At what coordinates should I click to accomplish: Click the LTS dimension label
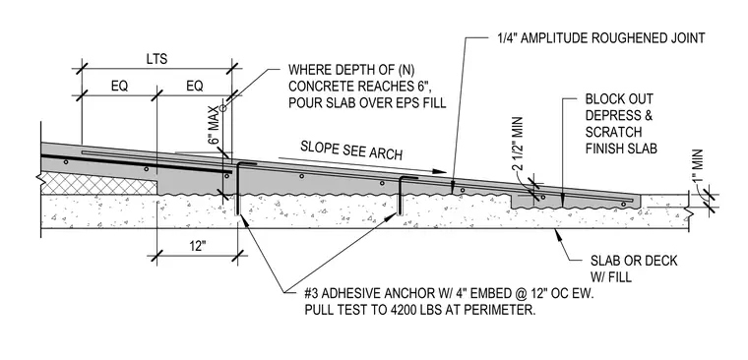tap(156, 59)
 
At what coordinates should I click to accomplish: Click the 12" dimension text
tap(197, 246)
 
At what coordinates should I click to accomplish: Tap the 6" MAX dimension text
tap(216, 125)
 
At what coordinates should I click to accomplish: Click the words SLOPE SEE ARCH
tap(351, 150)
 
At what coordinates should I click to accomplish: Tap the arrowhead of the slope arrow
tap(440, 171)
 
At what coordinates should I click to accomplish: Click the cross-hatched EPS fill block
tap(99, 184)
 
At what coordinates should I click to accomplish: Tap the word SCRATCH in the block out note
tap(613, 132)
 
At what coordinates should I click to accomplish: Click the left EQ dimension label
tap(119, 87)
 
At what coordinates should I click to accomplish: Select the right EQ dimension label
tap(195, 87)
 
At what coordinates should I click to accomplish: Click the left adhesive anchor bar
tap(237, 188)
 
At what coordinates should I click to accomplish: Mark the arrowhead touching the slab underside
tap(556, 233)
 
